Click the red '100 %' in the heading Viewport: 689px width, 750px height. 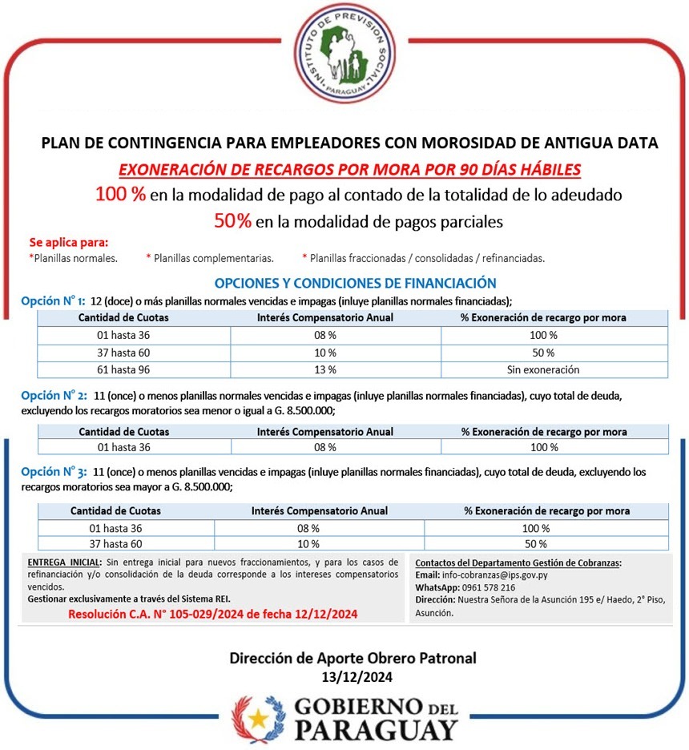coord(120,194)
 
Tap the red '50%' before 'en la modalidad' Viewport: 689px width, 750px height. coord(232,221)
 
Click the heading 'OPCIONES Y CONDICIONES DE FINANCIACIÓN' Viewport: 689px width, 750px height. coord(355,283)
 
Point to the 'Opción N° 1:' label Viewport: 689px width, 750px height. coord(53,300)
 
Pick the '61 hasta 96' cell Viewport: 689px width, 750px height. coord(123,369)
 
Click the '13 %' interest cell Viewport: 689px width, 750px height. coord(324,369)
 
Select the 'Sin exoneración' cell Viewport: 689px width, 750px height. coord(543,369)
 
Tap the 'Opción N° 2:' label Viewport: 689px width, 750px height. coord(53,395)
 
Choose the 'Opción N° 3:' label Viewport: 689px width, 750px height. coord(53,472)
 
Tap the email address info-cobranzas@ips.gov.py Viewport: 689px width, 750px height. coord(492,575)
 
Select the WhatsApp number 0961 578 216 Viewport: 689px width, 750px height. coord(489,587)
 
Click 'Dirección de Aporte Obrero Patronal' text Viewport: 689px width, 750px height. coord(353,659)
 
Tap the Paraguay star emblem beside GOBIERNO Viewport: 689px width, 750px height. coord(257,717)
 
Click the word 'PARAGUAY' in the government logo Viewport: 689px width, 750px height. coord(377,731)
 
